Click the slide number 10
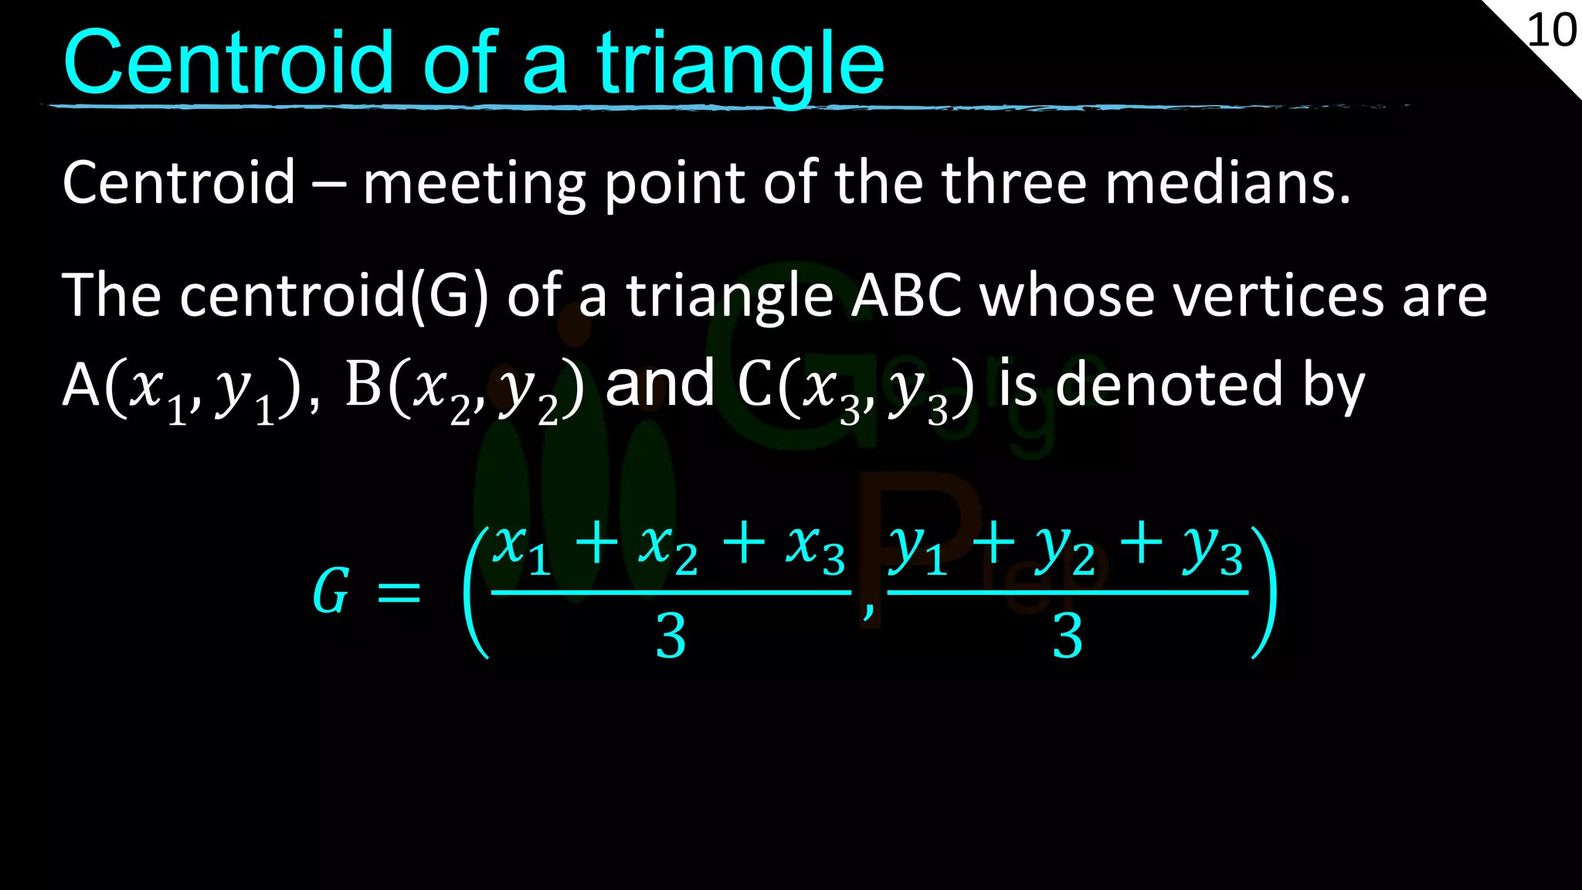pos(1551,31)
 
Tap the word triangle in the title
pos(740,65)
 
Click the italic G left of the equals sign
pos(331,591)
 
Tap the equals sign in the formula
pos(399,593)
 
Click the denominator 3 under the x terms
pos(670,637)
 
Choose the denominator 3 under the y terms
pos(1068,637)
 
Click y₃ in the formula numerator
pos(1213,550)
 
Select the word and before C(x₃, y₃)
pos(660,384)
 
